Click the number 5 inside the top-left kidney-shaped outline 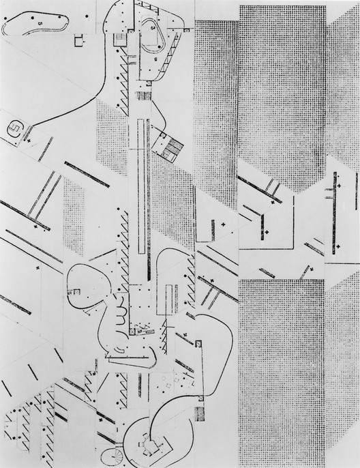point(40,24)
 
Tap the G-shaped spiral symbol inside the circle point(14,129)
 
